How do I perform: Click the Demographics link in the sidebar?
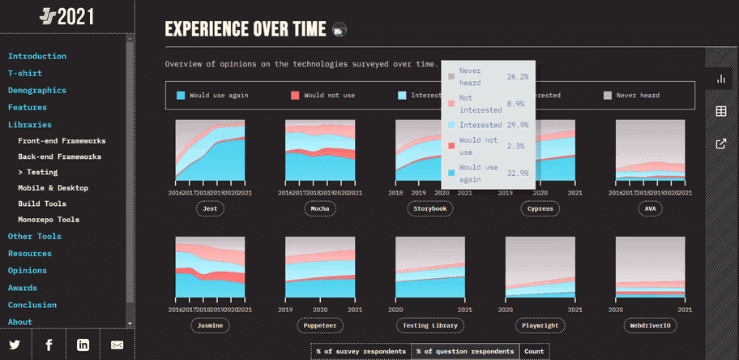coord(37,90)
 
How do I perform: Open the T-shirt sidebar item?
coord(25,73)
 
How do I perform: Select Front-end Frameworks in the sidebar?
coord(62,140)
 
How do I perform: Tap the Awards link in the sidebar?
coord(23,288)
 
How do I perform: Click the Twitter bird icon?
coord(15,345)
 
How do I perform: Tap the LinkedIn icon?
coord(83,345)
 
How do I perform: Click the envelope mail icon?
coord(117,345)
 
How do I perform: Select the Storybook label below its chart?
coord(429,208)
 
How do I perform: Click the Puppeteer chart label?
coord(319,325)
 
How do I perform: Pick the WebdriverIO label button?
coord(650,325)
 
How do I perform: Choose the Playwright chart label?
coord(540,325)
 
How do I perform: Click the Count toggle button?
coord(534,351)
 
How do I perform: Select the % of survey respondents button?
coord(361,351)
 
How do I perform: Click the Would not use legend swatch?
coord(295,96)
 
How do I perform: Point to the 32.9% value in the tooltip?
coord(518,173)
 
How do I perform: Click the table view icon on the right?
coord(721,111)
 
